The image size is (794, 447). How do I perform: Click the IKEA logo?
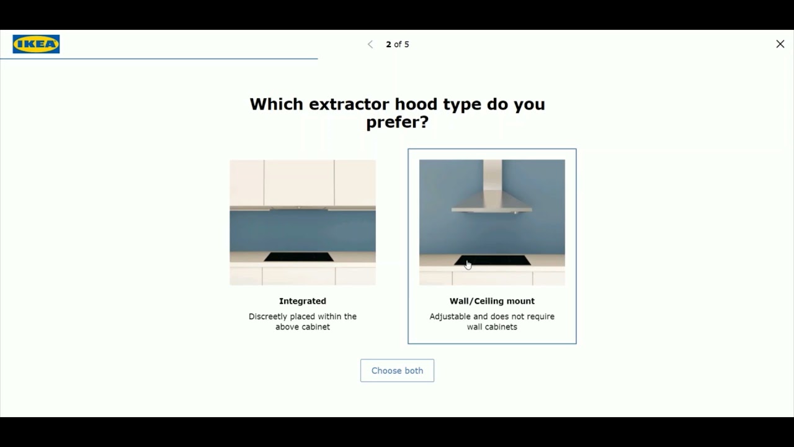36,44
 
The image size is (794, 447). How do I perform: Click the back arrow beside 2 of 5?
370,44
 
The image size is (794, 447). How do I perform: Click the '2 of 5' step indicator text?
398,44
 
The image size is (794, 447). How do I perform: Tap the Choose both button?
397,371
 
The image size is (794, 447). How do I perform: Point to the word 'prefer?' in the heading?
397,122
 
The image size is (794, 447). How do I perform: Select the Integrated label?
303,301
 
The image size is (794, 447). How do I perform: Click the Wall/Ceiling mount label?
492,301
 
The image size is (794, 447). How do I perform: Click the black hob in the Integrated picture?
299,256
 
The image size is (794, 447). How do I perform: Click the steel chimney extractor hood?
492,202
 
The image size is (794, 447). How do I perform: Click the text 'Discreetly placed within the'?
303,317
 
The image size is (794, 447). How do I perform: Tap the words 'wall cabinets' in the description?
492,327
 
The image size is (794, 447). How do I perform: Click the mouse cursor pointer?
468,264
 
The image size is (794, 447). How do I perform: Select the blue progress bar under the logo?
159,58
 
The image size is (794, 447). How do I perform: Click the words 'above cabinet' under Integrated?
303,327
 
